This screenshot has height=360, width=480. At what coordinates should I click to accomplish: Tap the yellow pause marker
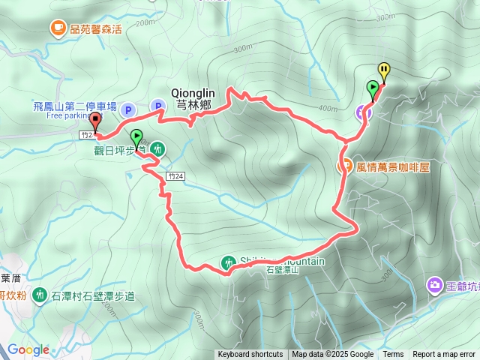click(384, 71)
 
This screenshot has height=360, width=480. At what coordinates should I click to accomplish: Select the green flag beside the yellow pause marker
click(373, 88)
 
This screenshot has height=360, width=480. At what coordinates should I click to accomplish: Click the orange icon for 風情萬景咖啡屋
click(346, 167)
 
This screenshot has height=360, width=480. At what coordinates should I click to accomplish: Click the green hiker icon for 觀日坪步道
click(157, 148)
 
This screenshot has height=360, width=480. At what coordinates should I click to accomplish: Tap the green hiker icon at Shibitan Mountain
click(228, 262)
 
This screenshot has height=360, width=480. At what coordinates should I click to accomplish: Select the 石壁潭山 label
click(283, 270)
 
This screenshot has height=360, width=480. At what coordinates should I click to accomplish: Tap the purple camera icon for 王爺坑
click(434, 284)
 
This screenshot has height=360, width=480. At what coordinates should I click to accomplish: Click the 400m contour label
click(327, 109)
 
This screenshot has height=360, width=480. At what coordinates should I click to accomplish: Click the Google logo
click(28, 349)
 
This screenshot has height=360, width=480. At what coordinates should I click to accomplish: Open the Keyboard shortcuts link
click(250, 355)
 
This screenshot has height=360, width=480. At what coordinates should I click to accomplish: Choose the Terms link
click(393, 355)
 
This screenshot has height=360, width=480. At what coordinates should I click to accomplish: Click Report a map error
click(443, 355)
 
